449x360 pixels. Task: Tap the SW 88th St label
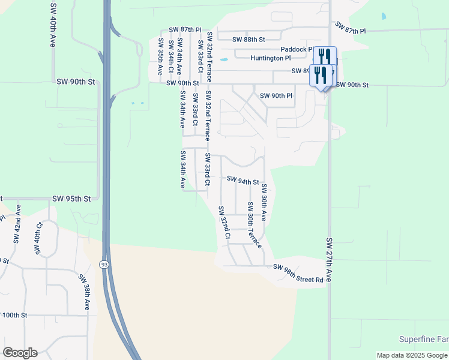click(x=249, y=40)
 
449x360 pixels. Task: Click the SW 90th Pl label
click(x=276, y=96)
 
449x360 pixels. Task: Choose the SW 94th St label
click(x=243, y=181)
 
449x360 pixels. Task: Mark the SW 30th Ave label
click(x=264, y=203)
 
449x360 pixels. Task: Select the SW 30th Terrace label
click(x=254, y=225)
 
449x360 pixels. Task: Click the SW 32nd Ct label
click(x=223, y=223)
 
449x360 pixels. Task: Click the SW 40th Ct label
click(x=38, y=238)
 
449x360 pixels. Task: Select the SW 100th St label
click(x=14, y=315)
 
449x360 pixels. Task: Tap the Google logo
click(x=20, y=352)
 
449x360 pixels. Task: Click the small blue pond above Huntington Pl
click(x=223, y=59)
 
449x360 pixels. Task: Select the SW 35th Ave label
click(x=161, y=56)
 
